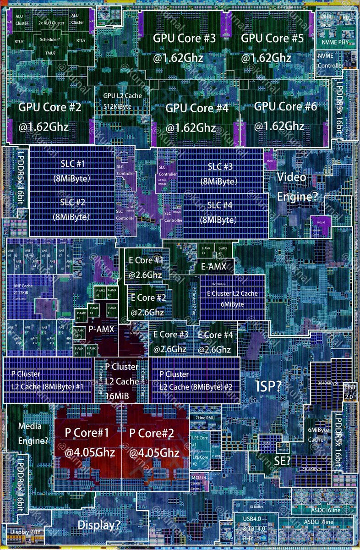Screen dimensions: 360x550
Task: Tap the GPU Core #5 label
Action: pos(272,38)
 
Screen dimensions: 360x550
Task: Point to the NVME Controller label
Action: pos(330,60)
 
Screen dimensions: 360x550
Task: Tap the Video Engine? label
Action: pos(297,187)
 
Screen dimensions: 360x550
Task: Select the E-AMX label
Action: pos(215,266)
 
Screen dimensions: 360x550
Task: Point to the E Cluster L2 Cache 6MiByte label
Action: pos(232,298)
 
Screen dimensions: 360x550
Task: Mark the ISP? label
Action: pos(268,386)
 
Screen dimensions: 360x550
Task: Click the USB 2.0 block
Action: pos(349,392)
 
